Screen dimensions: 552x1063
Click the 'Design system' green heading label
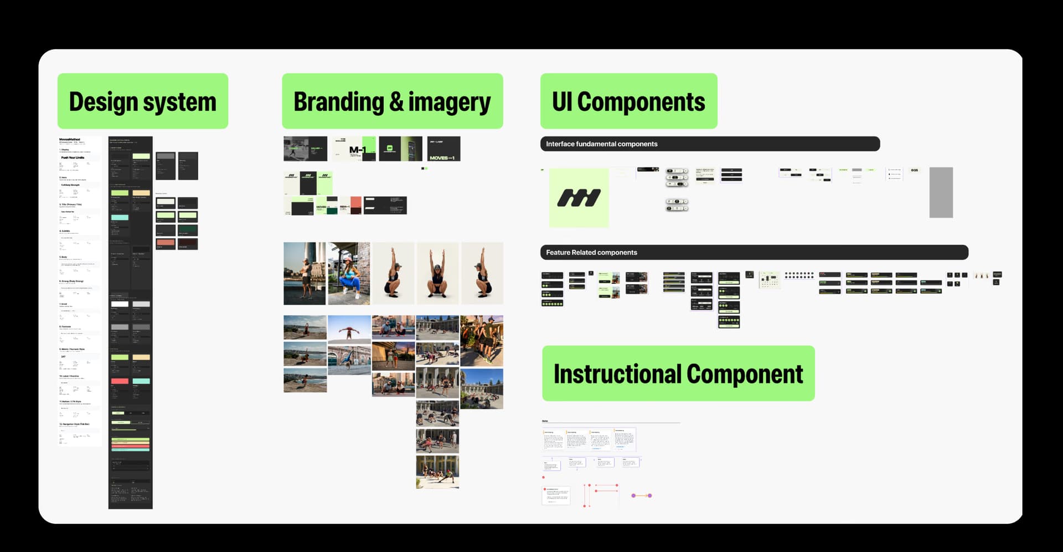click(143, 101)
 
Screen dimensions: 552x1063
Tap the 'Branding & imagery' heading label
click(392, 101)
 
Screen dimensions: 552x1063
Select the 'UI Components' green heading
click(628, 101)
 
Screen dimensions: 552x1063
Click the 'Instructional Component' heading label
click(678, 374)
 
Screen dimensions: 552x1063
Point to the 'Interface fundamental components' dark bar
click(710, 144)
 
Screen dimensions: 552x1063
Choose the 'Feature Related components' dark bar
click(754, 253)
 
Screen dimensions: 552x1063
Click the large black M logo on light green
click(579, 198)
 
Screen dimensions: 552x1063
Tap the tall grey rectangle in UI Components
click(941, 192)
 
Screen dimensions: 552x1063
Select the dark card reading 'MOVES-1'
click(443, 149)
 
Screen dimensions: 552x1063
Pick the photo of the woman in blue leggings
click(349, 273)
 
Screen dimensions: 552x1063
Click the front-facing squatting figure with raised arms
click(437, 273)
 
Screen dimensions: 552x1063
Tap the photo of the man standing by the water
click(305, 273)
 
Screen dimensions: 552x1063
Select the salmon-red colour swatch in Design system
click(166, 243)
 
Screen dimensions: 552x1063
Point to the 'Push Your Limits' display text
click(73, 158)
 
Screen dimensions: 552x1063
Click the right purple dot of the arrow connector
click(650, 495)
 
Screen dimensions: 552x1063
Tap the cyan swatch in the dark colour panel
click(120, 217)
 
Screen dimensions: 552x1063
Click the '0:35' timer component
click(914, 170)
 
